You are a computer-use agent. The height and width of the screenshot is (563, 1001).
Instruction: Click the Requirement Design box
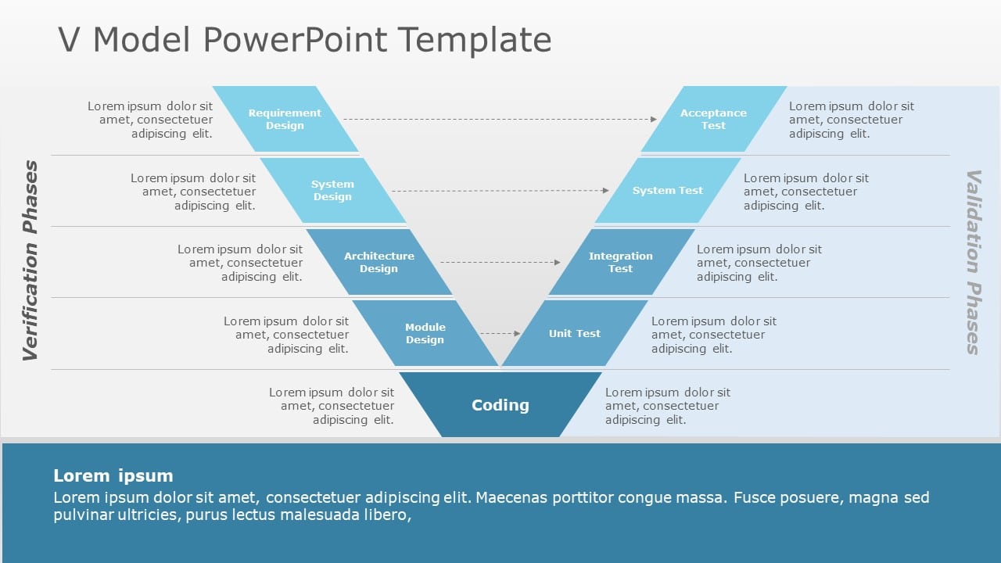[x=285, y=119]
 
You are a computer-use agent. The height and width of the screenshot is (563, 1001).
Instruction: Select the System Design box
[x=332, y=191]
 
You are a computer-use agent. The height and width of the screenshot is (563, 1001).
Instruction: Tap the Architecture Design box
[x=379, y=262]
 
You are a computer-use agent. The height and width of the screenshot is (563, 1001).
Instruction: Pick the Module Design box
[x=425, y=333]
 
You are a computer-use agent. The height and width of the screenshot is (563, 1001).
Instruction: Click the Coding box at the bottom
[x=500, y=405]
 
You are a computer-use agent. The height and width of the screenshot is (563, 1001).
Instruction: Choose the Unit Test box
[x=575, y=333]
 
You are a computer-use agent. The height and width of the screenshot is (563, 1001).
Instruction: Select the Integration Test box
[x=621, y=262]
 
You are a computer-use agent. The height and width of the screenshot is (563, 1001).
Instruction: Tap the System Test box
[x=668, y=191]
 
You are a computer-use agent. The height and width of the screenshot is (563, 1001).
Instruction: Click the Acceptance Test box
[x=713, y=119]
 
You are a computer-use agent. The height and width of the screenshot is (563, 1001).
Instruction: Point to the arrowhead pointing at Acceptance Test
[x=653, y=119]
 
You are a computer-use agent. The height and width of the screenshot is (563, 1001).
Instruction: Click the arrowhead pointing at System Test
[x=605, y=191]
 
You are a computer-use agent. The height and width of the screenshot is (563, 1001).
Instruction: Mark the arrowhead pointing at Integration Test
[x=558, y=262]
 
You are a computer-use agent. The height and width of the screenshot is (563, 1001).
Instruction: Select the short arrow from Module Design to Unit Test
[x=500, y=333]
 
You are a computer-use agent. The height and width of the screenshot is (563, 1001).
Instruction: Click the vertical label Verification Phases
[x=30, y=261]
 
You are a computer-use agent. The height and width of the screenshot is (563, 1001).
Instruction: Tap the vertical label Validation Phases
[x=973, y=262]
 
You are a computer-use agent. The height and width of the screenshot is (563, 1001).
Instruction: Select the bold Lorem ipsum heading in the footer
[x=113, y=475]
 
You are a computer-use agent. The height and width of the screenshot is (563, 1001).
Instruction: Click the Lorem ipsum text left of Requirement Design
[x=150, y=120]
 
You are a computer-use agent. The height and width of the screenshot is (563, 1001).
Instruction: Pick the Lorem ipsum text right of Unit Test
[x=713, y=335]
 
